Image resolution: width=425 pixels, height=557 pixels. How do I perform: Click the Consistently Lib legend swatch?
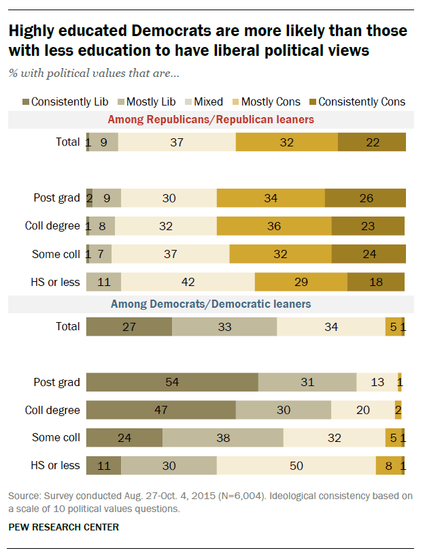(24, 102)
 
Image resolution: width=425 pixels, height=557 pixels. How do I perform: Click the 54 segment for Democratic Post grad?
(172, 382)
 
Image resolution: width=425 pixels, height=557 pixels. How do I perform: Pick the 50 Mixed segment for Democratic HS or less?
(296, 466)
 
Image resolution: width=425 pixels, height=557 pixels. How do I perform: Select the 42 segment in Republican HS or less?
(188, 282)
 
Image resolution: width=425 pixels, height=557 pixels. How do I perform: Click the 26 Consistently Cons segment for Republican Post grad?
(365, 198)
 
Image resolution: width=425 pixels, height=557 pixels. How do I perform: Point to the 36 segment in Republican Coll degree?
(274, 226)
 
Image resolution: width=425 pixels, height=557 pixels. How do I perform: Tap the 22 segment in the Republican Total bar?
(371, 142)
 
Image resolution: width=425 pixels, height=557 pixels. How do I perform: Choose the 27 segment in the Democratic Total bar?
(129, 326)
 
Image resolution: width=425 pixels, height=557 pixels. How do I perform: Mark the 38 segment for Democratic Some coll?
(222, 438)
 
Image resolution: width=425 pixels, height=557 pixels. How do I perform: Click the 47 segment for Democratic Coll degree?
(160, 410)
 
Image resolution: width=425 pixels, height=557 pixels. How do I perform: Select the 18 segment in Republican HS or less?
(375, 282)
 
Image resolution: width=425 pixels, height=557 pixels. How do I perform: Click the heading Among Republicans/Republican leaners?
(211, 120)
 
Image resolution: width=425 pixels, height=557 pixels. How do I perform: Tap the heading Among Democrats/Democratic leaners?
(211, 304)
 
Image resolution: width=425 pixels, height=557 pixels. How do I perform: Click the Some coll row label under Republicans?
(56, 254)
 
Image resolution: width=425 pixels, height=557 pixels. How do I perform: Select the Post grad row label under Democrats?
(57, 382)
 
